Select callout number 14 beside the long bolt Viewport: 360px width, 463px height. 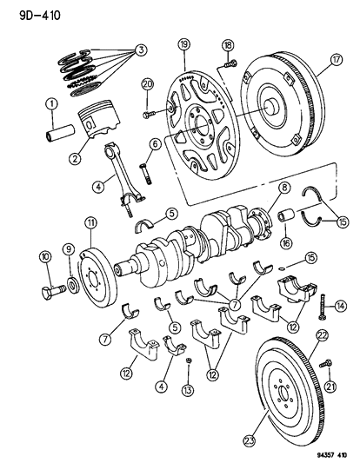point(340,304)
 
